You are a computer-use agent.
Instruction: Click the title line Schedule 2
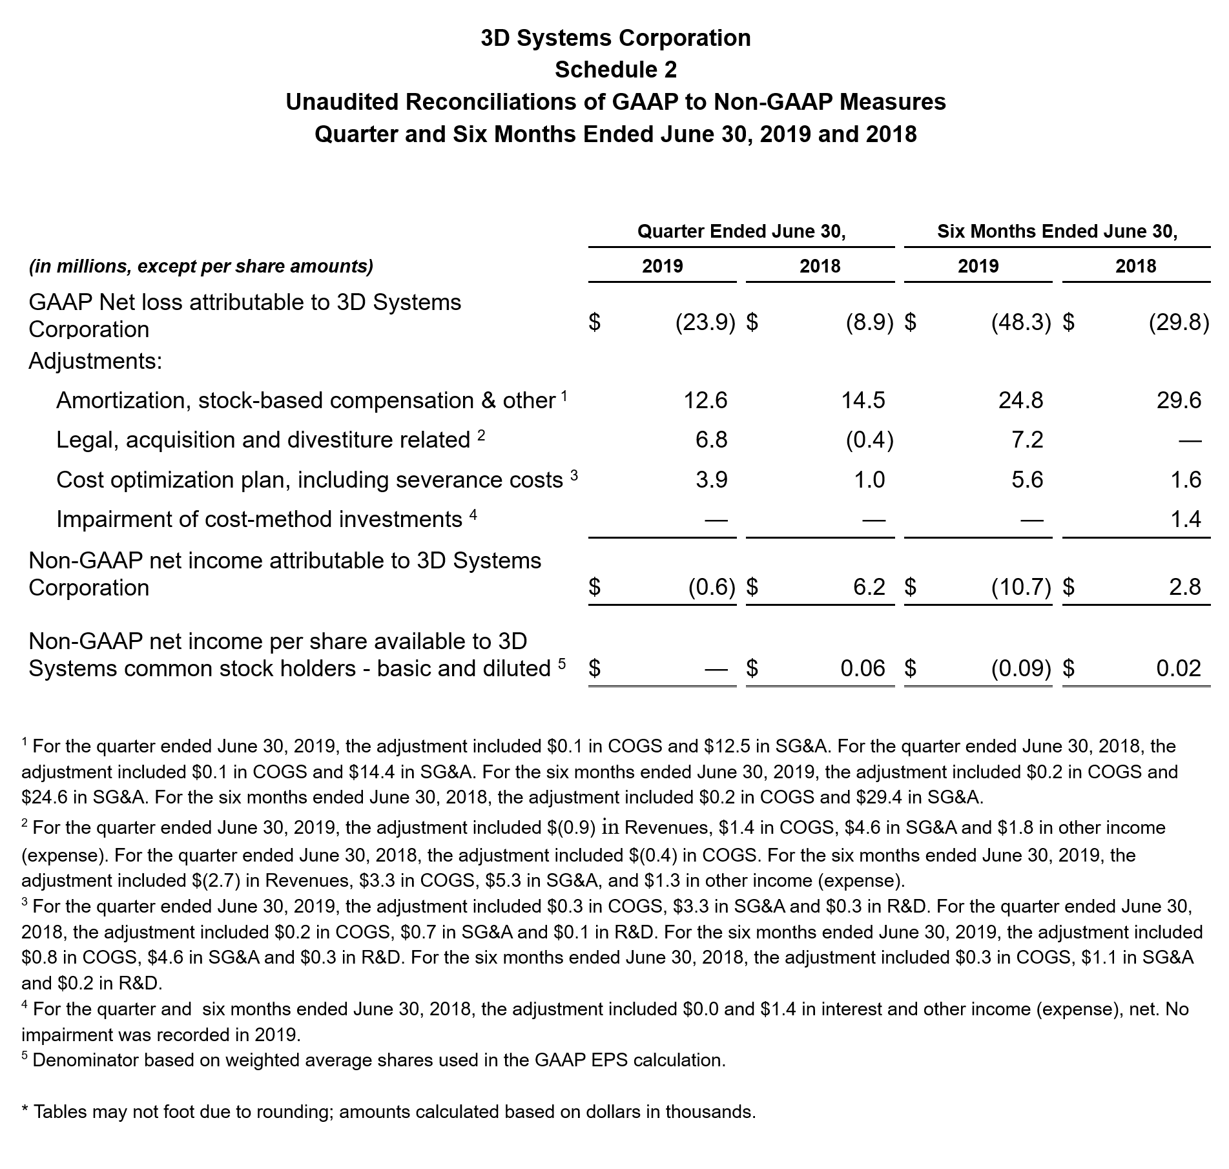click(x=615, y=70)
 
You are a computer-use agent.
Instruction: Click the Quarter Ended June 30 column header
click(x=741, y=231)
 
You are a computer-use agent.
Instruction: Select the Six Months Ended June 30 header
click(x=1057, y=231)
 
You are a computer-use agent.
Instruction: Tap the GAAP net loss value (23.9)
click(x=705, y=322)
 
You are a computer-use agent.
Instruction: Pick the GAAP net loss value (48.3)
click(x=1021, y=322)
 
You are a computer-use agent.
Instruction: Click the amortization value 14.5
click(x=863, y=400)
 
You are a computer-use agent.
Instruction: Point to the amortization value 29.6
click(x=1179, y=400)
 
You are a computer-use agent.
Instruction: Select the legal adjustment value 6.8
click(x=712, y=440)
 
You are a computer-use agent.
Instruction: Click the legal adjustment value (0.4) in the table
click(x=869, y=440)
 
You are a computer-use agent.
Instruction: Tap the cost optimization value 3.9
click(x=712, y=480)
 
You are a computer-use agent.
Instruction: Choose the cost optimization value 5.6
click(x=1028, y=480)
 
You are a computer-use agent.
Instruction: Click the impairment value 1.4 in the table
click(x=1186, y=519)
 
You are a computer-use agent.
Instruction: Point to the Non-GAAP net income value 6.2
click(x=869, y=587)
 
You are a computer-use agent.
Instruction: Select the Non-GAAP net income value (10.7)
click(x=1021, y=587)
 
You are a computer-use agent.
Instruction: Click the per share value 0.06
click(x=863, y=668)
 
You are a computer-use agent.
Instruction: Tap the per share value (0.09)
click(x=1021, y=668)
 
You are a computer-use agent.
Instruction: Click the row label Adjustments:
click(x=95, y=361)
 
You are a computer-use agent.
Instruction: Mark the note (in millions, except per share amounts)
click(x=201, y=266)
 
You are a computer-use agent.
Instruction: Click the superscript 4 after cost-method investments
click(x=473, y=515)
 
